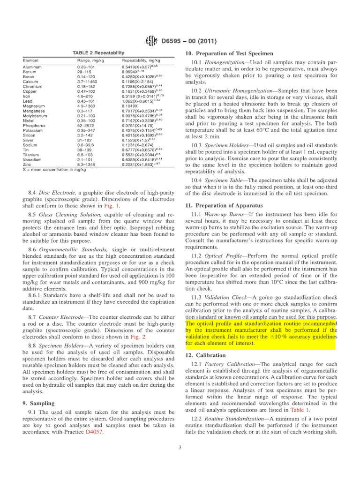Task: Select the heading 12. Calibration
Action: click(206, 355)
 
